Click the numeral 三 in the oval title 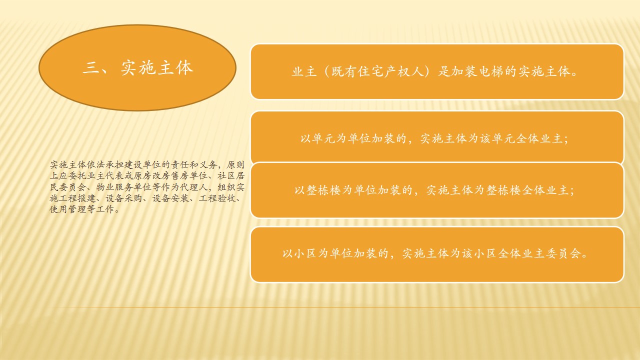point(91,68)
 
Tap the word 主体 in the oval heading point(175,68)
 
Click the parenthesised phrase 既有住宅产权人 point(377,71)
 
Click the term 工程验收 point(217,198)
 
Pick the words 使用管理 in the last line point(67,209)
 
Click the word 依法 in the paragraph point(96,165)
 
